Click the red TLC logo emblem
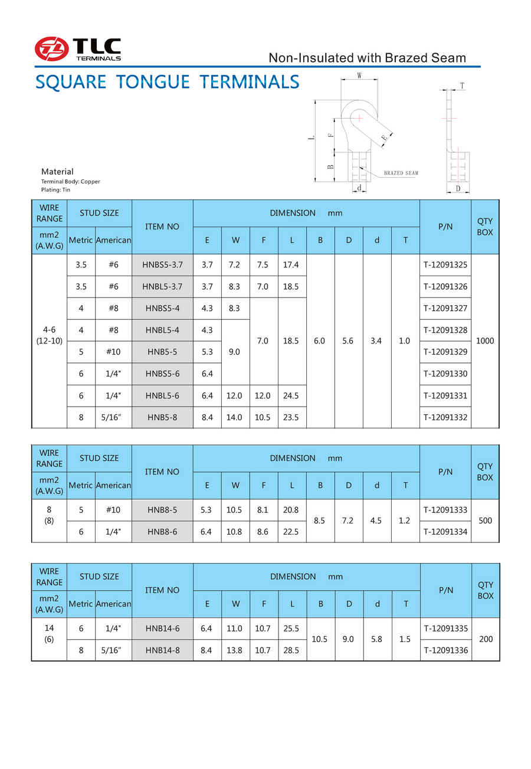(x=51, y=49)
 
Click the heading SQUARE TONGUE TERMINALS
(x=168, y=81)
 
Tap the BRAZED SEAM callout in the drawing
(x=401, y=173)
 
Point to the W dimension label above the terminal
(x=359, y=76)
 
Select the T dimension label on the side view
(x=462, y=86)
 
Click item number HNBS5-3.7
(x=162, y=265)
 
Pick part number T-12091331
(x=445, y=395)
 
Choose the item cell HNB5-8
(x=162, y=417)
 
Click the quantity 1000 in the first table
(x=484, y=341)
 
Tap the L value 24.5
(x=292, y=395)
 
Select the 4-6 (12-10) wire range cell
(x=49, y=341)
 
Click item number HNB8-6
(x=162, y=532)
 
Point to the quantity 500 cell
(x=484, y=521)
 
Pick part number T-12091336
(x=445, y=650)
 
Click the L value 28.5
(x=292, y=650)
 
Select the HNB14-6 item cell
(x=162, y=629)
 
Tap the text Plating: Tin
(x=55, y=190)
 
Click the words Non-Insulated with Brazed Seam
(x=367, y=58)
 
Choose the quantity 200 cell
(x=484, y=639)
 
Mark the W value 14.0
(x=235, y=417)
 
